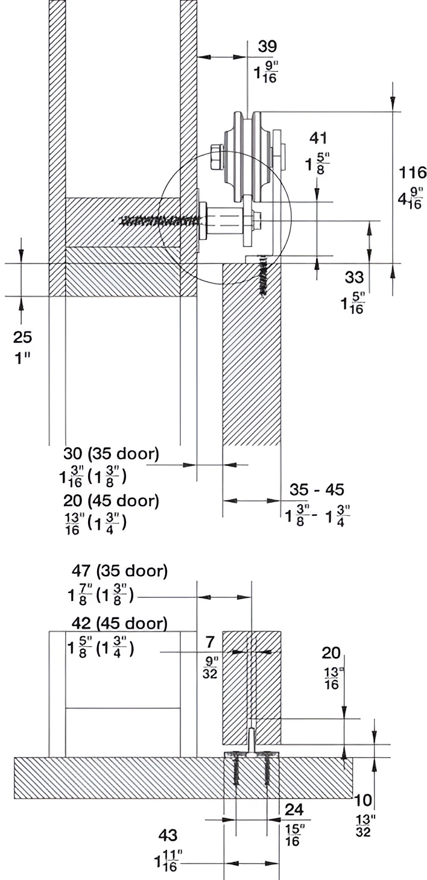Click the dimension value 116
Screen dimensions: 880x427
[413, 173]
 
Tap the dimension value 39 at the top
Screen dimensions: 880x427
[268, 46]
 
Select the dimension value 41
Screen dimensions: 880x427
[318, 139]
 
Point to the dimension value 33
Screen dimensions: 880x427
[355, 277]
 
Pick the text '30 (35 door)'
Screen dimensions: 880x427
[111, 454]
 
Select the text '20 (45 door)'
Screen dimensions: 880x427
[111, 501]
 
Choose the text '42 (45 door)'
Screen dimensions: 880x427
[117, 622]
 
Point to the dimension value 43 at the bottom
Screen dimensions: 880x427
[168, 835]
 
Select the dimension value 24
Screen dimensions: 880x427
[294, 809]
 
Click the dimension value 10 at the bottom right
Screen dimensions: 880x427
[364, 800]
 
